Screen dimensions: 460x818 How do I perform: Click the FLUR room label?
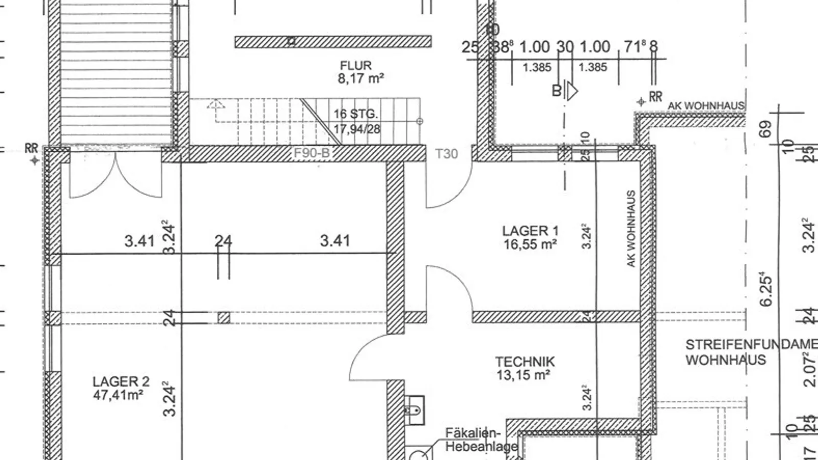[x=356, y=65]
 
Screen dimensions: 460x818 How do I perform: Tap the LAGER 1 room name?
[x=530, y=231]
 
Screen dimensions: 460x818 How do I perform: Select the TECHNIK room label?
[x=525, y=362]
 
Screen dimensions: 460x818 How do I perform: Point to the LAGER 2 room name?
[x=121, y=382]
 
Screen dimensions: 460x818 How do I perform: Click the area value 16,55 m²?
[x=530, y=245]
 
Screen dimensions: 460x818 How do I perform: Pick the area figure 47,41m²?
[x=118, y=395]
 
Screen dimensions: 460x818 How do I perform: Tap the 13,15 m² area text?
[x=523, y=376]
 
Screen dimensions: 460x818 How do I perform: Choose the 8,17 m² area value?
[x=360, y=79]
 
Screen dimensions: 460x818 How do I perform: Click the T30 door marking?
[x=446, y=154]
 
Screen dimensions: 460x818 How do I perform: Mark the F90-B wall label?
[x=311, y=153]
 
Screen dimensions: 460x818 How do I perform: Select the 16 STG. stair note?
[x=356, y=114]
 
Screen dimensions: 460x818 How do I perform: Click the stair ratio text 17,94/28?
[x=357, y=129]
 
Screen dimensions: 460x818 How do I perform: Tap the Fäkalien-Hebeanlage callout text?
[x=481, y=440]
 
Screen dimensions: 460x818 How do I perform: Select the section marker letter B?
[x=556, y=91]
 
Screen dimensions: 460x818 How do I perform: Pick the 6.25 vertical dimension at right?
[x=766, y=289]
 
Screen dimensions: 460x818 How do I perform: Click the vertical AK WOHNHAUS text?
[x=631, y=228]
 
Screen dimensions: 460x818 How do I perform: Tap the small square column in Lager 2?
[x=223, y=318]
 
